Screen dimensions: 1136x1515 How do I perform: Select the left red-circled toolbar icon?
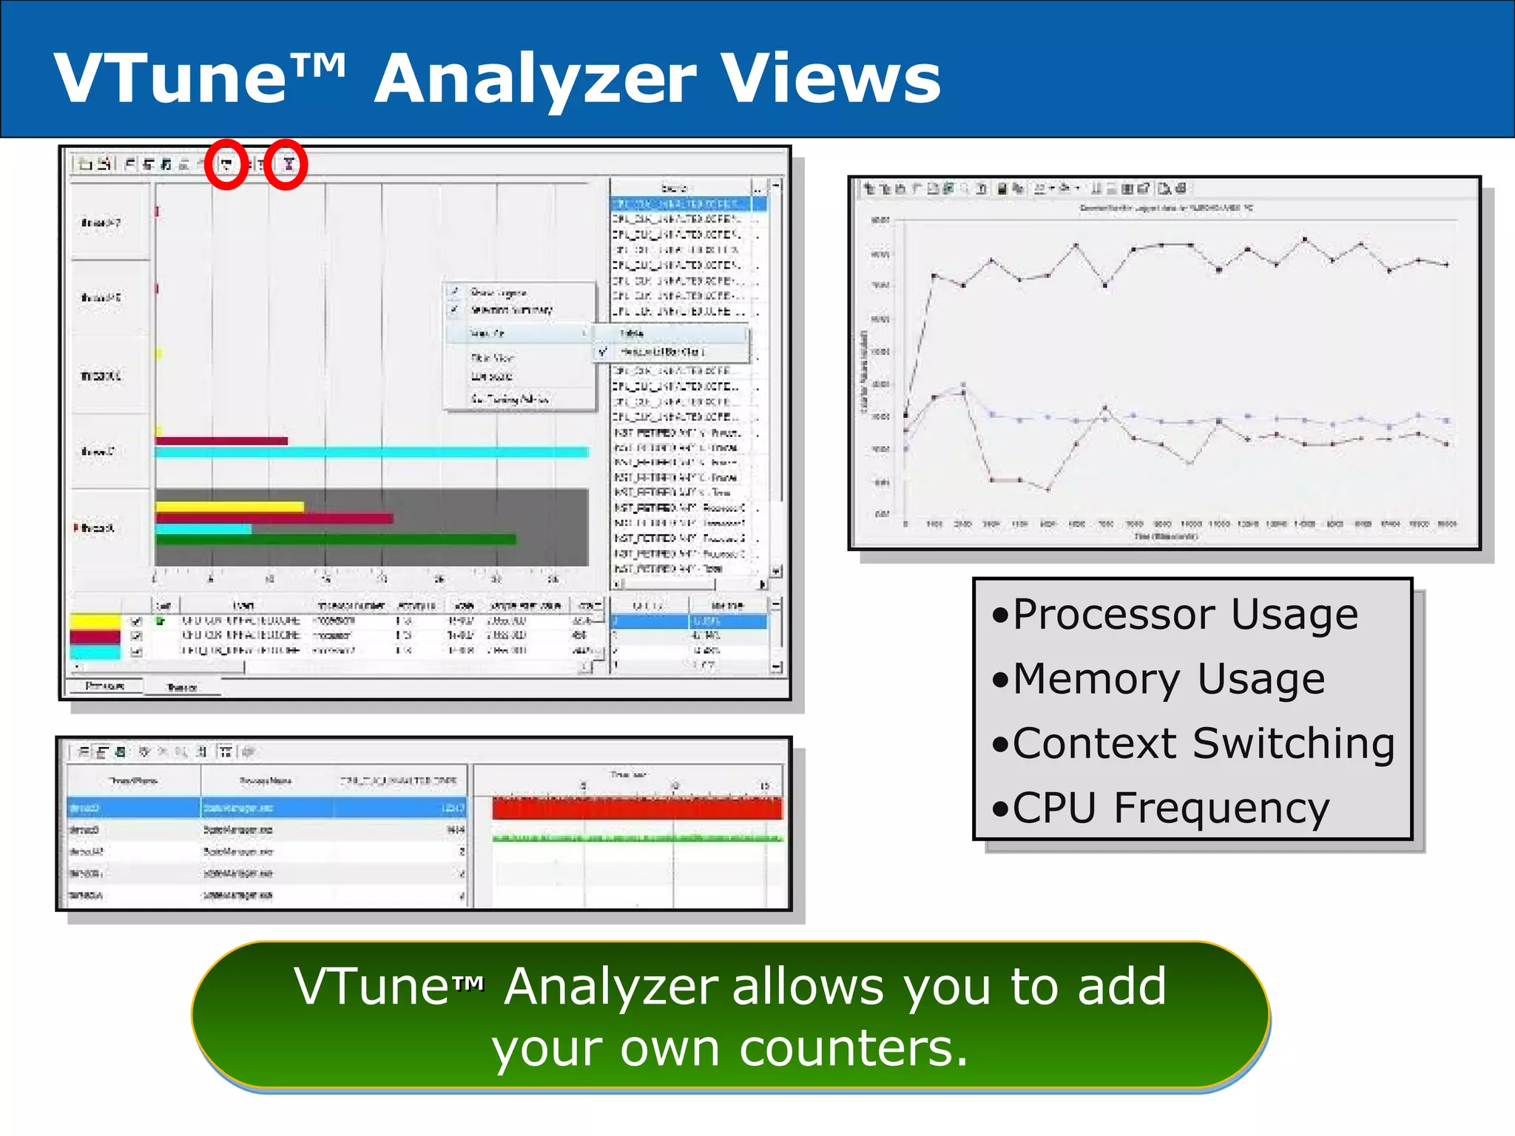(226, 164)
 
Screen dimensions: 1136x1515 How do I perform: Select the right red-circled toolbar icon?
(287, 164)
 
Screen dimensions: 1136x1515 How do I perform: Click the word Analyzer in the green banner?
(610, 987)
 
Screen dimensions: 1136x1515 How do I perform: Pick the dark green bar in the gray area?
(335, 539)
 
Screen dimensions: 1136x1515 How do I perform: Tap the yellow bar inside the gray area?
(229, 507)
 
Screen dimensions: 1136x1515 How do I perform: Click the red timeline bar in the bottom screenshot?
(636, 808)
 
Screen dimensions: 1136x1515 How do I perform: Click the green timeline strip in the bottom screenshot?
(636, 838)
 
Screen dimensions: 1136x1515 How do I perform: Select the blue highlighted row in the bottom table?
(266, 808)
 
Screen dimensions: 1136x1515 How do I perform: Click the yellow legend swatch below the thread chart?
(95, 621)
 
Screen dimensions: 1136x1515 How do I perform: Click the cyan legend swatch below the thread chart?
(95, 652)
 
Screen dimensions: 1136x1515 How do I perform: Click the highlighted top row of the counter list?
(681, 203)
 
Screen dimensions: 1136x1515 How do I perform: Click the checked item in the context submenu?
(662, 352)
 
